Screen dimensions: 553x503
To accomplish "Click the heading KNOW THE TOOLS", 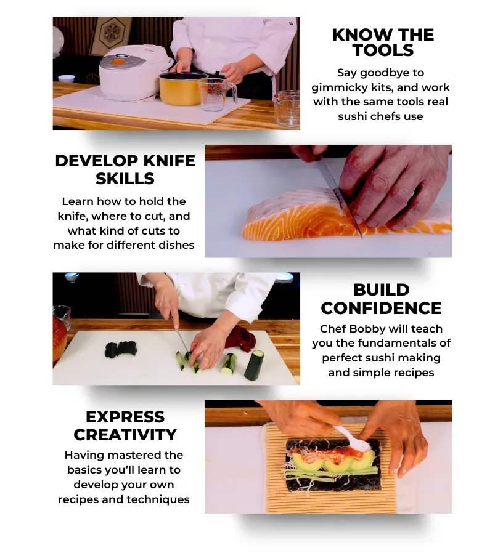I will tap(382, 42).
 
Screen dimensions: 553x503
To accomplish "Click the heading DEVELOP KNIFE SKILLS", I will tap(125, 169).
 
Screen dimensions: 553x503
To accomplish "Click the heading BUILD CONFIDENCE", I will tap(381, 299).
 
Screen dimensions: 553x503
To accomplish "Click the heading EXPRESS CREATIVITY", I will tap(125, 426).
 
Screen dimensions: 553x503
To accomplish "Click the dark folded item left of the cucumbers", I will tap(120, 349).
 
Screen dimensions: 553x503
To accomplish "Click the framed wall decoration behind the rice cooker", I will tap(110, 36).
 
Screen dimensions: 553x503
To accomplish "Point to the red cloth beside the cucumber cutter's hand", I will tap(240, 338).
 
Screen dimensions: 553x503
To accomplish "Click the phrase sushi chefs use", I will tap(380, 116).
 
